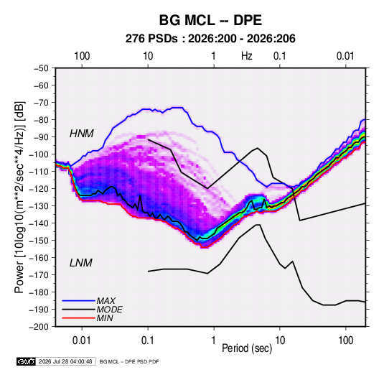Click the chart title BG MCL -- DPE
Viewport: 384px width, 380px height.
[210, 20]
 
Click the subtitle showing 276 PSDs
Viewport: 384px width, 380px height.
[210, 39]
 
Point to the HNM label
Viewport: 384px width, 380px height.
[82, 134]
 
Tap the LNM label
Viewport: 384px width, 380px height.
[81, 263]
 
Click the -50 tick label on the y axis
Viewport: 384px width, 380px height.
[41, 68]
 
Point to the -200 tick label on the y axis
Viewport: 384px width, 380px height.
[39, 327]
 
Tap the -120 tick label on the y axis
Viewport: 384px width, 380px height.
[39, 189]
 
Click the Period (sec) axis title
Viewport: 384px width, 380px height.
[247, 348]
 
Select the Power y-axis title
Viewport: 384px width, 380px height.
[19, 198]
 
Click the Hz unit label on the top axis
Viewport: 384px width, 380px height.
[247, 56]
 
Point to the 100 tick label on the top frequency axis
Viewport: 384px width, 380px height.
[82, 56]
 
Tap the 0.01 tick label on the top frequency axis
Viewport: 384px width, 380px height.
[345, 56]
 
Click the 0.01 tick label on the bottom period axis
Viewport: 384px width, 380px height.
[82, 340]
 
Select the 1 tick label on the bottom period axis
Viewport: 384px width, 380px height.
[214, 340]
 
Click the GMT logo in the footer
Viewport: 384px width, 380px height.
[27, 361]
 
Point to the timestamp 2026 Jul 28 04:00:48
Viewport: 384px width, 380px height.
[65, 361]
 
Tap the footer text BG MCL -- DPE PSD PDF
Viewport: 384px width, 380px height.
[129, 361]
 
